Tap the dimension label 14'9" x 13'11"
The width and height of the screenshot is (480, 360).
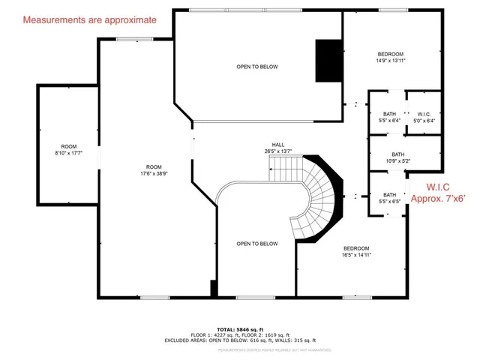tap(391, 61)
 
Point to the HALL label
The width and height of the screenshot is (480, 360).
tap(278, 144)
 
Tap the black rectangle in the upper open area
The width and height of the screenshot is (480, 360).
tap(327, 60)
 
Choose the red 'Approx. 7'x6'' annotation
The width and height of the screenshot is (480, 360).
tap(442, 199)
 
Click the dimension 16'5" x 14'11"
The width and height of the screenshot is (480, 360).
tap(356, 255)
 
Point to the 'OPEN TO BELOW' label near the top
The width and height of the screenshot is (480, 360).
tap(257, 67)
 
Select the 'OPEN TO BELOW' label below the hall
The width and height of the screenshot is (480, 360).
tap(257, 244)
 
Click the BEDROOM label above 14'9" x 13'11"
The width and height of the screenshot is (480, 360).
tap(391, 54)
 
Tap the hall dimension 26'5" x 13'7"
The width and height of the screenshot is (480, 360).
tap(278, 151)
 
